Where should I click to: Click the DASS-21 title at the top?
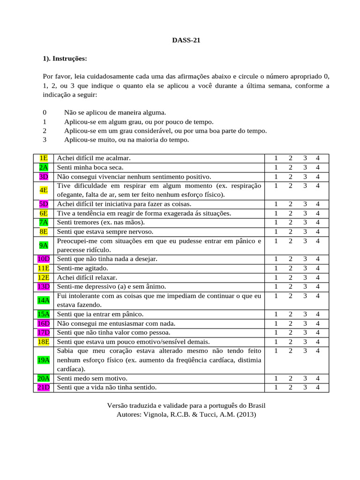[186, 40]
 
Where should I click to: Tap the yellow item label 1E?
[44, 158]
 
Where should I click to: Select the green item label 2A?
[44, 167]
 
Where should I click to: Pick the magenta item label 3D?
[44, 177]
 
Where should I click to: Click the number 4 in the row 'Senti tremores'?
[318, 222]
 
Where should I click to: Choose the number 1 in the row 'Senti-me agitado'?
[276, 268]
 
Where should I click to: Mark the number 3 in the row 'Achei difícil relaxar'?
[305, 277]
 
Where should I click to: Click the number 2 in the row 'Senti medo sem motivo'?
[291, 378]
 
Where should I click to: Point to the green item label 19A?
[44, 360]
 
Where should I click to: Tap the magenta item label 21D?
[44, 387]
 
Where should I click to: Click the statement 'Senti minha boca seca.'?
[89, 167]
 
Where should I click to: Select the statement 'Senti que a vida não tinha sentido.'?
[106, 387]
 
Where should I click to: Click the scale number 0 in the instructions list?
[45, 112]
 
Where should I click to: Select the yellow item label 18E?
[44, 342]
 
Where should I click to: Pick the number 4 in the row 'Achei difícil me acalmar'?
[318, 158]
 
